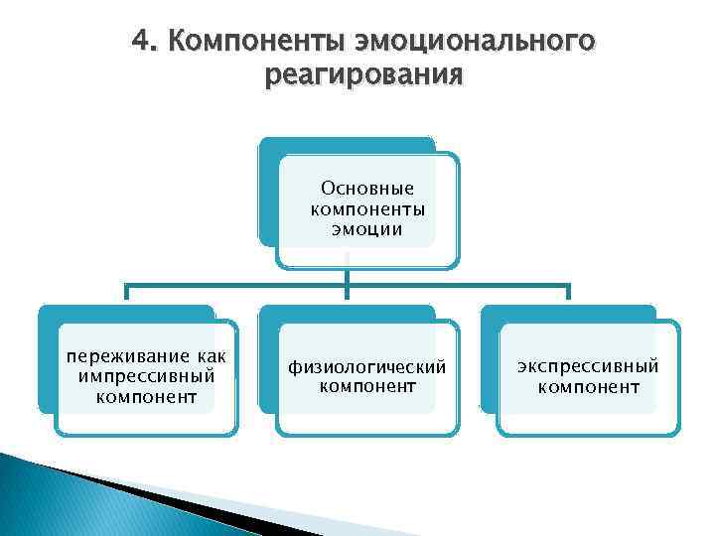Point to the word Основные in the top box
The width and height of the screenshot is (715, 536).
pos(367,188)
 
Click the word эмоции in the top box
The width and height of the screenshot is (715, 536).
pos(367,230)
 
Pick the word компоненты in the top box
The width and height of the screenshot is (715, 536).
pos(367,208)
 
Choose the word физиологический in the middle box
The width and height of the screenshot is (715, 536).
pos(367,366)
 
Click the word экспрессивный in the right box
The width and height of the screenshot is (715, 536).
pos(588,366)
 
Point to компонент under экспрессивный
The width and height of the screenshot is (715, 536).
pos(588,387)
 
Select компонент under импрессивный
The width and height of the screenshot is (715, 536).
pos(146,398)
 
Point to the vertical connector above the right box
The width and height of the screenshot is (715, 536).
pos(567,293)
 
